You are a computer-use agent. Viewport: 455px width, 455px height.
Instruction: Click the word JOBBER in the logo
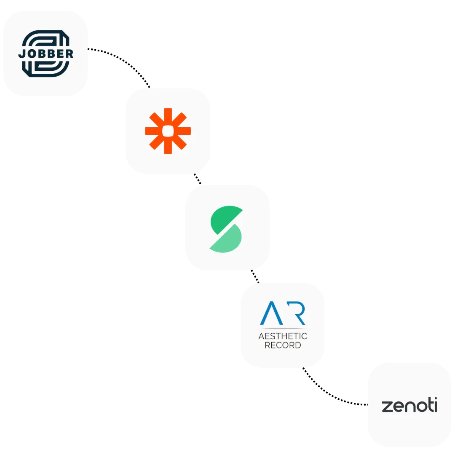coord(45,54)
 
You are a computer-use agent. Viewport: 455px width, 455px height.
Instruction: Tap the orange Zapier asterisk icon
coord(168,131)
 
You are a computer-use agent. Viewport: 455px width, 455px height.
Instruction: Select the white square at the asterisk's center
coord(168,131)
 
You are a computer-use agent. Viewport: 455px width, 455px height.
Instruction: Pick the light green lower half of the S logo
coord(227,241)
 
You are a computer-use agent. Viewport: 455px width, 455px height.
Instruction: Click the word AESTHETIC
coord(282,336)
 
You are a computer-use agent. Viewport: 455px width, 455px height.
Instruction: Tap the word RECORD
coord(282,345)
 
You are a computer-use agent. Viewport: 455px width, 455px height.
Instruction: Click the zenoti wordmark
coord(409,406)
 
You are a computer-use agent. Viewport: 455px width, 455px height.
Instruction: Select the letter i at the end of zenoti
coord(435,405)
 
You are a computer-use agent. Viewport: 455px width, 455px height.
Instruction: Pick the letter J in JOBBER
coord(21,54)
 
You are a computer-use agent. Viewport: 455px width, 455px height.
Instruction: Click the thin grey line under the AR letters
coord(282,327)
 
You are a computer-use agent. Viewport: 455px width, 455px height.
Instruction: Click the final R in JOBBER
coord(70,54)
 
